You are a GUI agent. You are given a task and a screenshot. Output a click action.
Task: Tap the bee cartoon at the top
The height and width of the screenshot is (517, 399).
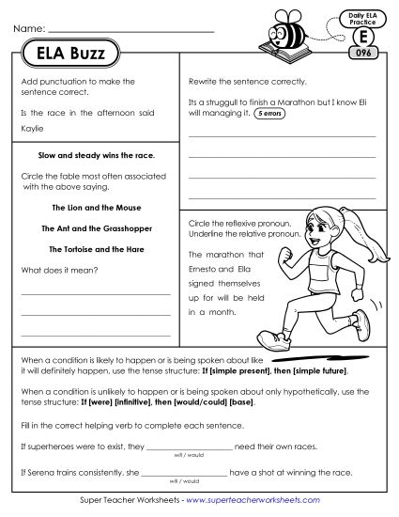tap(295, 31)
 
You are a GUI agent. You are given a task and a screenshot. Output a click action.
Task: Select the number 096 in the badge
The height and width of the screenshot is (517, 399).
tap(356, 53)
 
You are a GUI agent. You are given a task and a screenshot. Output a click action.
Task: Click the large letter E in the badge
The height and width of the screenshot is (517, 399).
tap(356, 35)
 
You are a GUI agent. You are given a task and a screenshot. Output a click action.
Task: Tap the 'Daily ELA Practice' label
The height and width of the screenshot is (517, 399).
tap(356, 15)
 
